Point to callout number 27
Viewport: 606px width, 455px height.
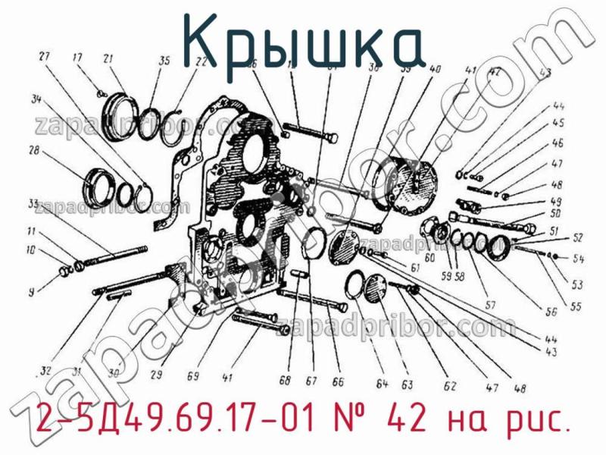(44, 57)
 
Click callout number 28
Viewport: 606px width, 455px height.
(33, 152)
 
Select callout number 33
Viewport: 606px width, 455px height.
(33, 203)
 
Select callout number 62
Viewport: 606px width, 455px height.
(450, 386)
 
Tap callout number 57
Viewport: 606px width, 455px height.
(490, 306)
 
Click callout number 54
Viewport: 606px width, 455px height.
(578, 259)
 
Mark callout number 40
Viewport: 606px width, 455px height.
(435, 69)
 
